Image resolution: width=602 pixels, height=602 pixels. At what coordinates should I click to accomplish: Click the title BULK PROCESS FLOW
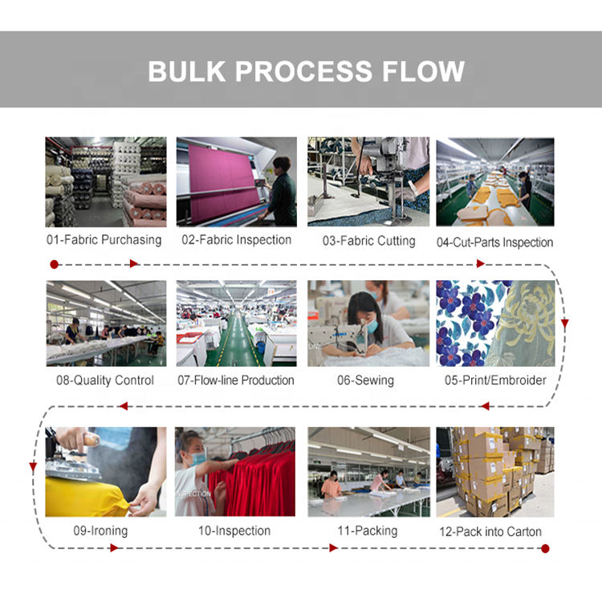306,71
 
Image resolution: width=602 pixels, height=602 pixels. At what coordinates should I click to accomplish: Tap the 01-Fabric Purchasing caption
104,240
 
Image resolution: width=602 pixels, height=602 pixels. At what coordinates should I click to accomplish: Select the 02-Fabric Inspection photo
235,181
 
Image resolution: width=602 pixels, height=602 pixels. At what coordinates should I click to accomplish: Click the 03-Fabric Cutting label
369,241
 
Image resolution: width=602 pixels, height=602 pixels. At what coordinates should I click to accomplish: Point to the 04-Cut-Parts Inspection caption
494,242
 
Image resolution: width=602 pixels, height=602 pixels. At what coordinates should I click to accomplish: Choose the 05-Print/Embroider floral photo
494,323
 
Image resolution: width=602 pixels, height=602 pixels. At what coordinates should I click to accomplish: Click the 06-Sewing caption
365,380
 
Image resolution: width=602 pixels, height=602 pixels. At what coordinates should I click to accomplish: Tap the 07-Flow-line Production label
236,380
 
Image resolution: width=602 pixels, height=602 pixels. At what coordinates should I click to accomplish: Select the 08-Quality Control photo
106,323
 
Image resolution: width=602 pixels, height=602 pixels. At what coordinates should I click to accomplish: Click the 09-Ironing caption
99,531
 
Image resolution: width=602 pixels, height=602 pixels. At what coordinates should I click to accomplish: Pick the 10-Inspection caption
234,531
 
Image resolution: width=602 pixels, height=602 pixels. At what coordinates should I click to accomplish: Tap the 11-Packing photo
368,471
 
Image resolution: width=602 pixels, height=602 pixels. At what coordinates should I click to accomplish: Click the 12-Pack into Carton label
490,531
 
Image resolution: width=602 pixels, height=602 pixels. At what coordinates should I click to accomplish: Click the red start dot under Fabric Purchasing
54,263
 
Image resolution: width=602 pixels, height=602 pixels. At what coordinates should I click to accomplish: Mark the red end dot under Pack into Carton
545,548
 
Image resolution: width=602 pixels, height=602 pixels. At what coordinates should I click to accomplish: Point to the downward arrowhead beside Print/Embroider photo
564,324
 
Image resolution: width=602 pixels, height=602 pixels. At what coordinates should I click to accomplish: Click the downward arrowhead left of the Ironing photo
33,466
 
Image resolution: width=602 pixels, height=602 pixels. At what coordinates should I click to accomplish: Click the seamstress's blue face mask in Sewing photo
372,326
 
